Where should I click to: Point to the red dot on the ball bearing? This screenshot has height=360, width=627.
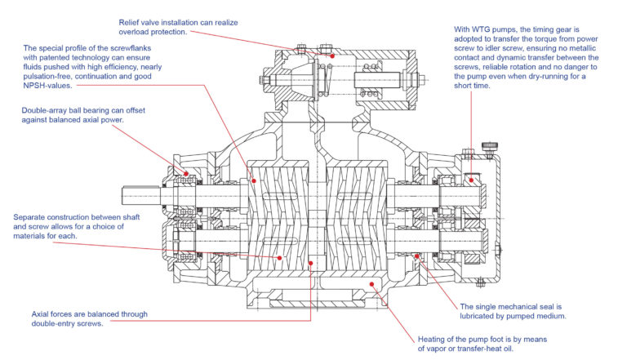(187, 173)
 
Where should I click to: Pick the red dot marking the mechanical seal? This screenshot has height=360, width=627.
(417, 256)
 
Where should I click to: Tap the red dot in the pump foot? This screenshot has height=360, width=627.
(371, 284)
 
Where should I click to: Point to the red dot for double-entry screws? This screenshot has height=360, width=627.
(311, 263)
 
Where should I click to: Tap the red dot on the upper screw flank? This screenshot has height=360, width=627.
(253, 181)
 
